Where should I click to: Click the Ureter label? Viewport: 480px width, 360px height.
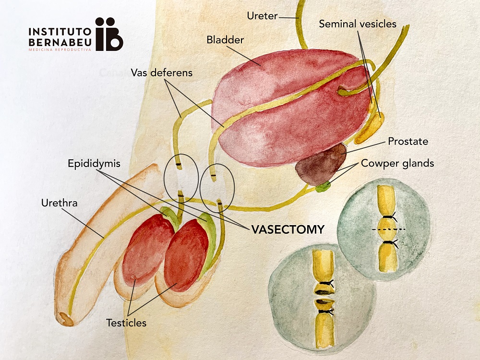(263, 16)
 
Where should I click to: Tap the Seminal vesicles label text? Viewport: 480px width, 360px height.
(358, 24)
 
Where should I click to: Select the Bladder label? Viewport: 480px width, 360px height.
(225, 40)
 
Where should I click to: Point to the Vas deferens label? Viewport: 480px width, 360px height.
(162, 72)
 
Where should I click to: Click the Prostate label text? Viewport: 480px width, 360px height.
(408, 141)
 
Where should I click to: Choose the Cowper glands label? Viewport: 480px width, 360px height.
(397, 163)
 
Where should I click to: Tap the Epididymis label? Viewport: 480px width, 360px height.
(94, 164)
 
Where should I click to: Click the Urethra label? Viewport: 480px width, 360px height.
(60, 203)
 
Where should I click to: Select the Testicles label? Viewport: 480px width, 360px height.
(126, 323)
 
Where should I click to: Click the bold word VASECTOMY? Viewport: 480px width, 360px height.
(288, 229)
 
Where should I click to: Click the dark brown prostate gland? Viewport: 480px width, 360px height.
(320, 165)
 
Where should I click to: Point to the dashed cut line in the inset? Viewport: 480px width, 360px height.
(389, 229)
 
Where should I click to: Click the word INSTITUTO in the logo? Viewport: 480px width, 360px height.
(60, 32)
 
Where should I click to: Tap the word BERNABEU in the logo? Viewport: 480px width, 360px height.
(60, 42)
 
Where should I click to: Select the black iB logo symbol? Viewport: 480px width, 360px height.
(109, 34)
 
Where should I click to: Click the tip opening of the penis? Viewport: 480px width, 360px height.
(66, 319)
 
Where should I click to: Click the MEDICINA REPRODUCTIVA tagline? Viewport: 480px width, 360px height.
(60, 49)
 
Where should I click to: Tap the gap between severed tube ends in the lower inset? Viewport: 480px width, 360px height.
(324, 296)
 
